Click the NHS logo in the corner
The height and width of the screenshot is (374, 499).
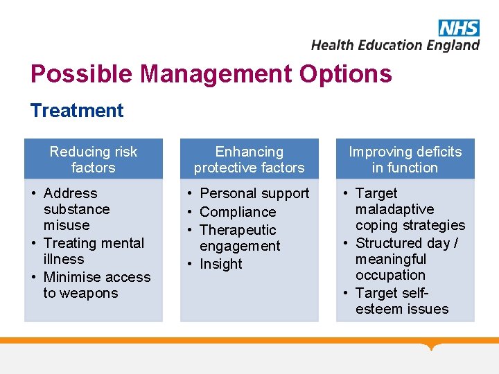coord(458,28)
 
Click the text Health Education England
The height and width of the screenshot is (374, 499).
coord(395,45)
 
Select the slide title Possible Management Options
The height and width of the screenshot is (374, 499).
coord(211,73)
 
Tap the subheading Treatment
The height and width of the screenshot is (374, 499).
coord(77,111)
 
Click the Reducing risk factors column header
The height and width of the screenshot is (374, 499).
coord(94,159)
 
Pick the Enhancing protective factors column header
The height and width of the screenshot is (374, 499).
coord(249,159)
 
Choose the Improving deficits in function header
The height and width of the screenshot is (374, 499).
coord(405,159)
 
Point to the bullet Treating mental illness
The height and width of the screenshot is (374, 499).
coord(93,251)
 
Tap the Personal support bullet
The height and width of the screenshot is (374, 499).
coord(254,193)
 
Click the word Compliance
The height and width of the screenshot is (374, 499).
coord(237,212)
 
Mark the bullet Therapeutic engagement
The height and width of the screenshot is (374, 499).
coord(239,238)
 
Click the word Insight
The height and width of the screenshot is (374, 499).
coord(220,264)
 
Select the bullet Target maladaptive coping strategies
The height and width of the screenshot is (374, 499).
coord(409,209)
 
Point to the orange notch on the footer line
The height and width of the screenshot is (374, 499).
coord(432,346)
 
